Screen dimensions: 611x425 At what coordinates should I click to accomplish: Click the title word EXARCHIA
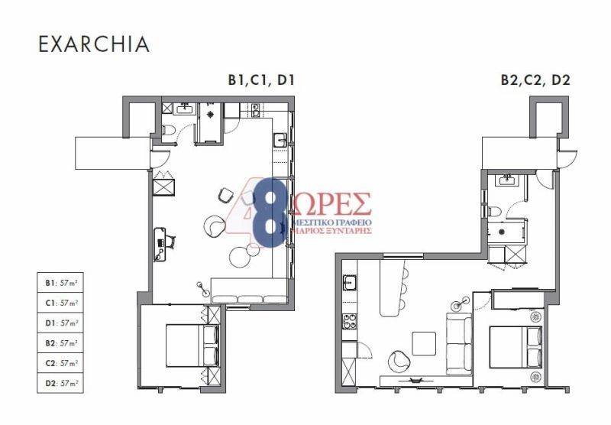point(94,44)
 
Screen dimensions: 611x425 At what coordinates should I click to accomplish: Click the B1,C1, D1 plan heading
point(261,80)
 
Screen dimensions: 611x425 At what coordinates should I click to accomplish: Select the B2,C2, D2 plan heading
point(535,80)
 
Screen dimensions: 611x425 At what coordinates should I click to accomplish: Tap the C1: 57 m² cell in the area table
point(60,303)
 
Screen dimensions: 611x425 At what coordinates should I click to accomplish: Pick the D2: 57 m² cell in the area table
point(60,383)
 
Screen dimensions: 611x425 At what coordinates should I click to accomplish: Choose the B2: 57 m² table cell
point(60,343)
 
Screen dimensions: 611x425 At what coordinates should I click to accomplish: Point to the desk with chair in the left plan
point(164,244)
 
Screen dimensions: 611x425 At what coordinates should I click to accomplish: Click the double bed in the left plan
point(192,346)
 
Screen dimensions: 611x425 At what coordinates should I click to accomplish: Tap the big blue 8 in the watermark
point(271,213)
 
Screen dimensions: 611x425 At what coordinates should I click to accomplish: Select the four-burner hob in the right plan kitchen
point(349,321)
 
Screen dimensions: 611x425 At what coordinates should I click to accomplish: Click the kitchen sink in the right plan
point(349,282)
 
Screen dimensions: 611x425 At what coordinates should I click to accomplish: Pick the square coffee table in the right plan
point(424,343)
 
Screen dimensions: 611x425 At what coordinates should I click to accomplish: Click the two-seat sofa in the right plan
point(459,343)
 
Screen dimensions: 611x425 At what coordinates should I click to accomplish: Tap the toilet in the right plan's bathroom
point(494,212)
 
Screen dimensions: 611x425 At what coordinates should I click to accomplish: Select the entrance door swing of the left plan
point(160,160)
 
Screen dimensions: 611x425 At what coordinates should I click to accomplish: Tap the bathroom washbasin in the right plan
point(506,180)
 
